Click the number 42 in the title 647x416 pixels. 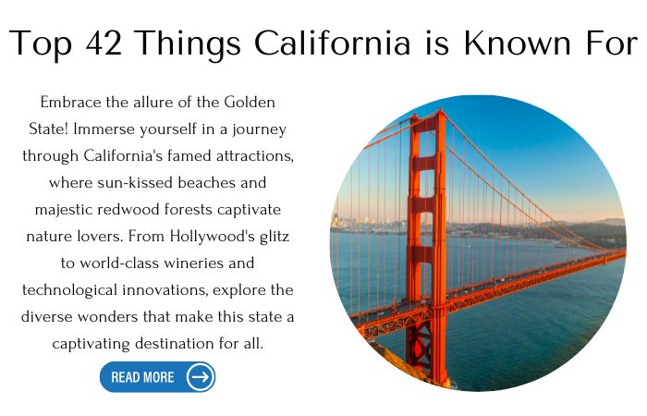(x=104, y=43)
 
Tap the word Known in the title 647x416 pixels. (x=518, y=43)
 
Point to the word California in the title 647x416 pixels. (x=332, y=43)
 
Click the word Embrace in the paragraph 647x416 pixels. (x=70, y=102)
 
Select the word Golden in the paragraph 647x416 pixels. (x=250, y=102)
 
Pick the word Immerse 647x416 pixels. (x=104, y=128)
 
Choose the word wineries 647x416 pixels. (x=193, y=263)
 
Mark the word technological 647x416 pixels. (x=69, y=290)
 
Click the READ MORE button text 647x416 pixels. (x=142, y=377)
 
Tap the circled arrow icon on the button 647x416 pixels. (x=201, y=377)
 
